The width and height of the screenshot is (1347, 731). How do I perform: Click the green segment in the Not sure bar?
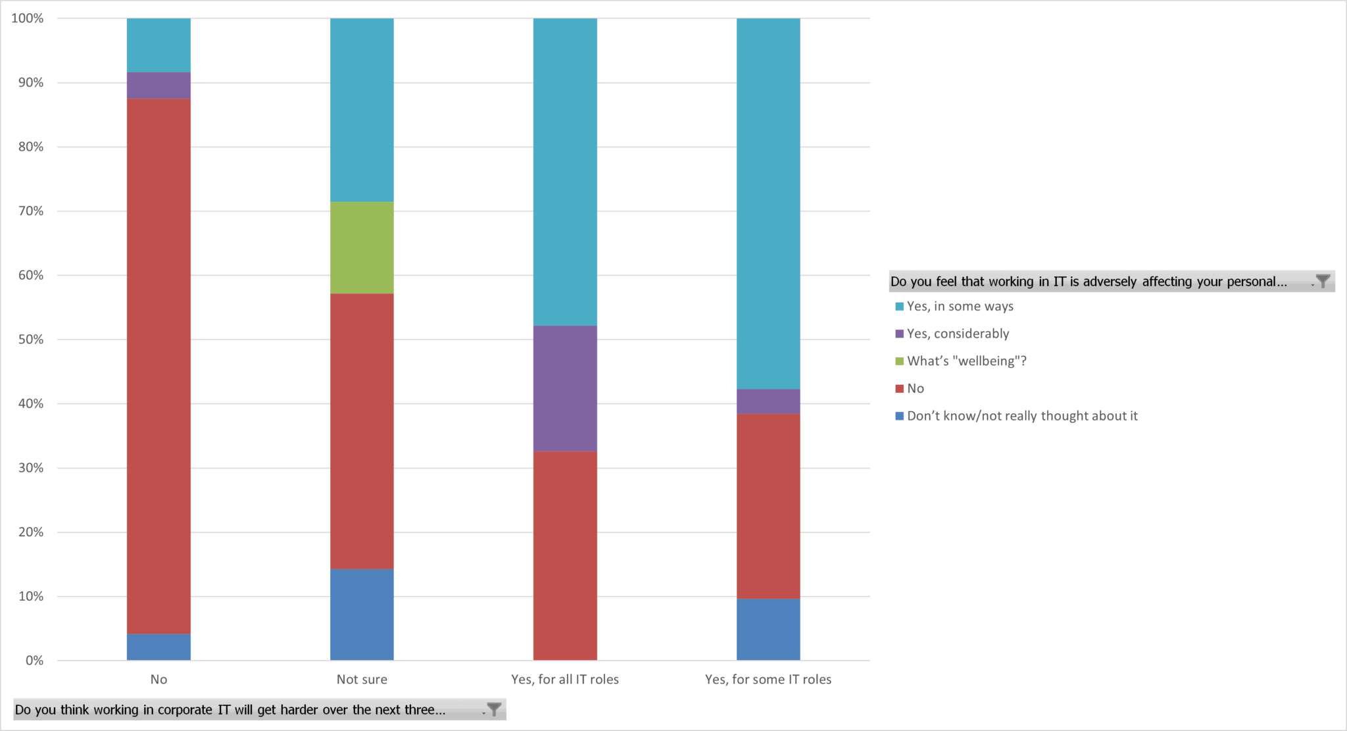pos(362,247)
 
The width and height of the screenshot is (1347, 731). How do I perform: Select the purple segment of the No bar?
pos(159,86)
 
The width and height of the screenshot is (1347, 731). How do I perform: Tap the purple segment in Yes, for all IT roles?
pos(565,388)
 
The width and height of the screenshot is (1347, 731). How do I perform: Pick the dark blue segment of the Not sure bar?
pos(362,615)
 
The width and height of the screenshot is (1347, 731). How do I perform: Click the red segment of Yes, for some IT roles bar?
pos(768,506)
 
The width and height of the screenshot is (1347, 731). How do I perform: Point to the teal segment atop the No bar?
pos(159,45)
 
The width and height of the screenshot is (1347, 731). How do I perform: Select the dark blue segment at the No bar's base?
pos(159,647)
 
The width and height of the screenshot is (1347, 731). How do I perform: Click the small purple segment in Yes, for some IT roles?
pos(768,401)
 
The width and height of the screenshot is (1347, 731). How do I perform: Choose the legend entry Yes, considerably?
pos(957,334)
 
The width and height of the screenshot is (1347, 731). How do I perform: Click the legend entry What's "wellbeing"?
pos(966,361)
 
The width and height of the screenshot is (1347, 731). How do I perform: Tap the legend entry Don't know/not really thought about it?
pos(1021,416)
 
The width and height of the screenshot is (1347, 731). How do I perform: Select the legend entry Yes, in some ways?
pos(960,307)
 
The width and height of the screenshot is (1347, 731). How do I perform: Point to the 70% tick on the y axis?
pos(31,211)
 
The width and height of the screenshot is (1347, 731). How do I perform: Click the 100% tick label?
pos(28,18)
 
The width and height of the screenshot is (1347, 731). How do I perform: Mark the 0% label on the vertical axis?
pos(34,661)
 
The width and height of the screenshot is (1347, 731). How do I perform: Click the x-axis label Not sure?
pos(362,680)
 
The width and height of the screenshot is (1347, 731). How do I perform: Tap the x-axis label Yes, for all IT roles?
pos(565,680)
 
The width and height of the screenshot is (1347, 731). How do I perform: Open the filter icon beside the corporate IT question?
pos(494,709)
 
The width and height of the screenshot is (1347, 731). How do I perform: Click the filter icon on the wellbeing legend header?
pos(1323,282)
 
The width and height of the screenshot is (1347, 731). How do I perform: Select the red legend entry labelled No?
pos(915,389)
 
